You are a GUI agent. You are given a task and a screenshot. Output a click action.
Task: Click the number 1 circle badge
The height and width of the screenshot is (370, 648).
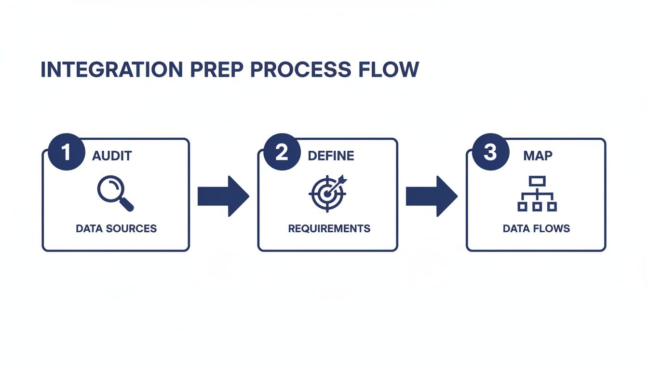(66, 152)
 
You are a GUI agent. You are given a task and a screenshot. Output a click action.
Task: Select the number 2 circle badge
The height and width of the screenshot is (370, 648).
(282, 152)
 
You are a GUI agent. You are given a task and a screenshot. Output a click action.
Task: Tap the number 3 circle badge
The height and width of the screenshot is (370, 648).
(489, 152)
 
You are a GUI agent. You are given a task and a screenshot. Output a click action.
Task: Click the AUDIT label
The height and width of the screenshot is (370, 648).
(112, 156)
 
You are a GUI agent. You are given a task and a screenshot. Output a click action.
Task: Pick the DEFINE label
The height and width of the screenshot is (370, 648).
(331, 156)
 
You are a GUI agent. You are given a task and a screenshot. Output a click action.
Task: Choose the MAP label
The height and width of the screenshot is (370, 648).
(538, 156)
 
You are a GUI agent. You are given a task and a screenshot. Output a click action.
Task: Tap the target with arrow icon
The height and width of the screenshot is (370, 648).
(328, 193)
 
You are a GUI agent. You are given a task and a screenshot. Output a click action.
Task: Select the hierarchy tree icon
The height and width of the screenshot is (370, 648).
(537, 194)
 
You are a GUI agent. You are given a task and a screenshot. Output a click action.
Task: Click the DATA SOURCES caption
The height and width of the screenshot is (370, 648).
(116, 228)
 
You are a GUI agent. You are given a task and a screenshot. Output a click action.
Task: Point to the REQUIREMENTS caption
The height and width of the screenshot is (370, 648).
(329, 228)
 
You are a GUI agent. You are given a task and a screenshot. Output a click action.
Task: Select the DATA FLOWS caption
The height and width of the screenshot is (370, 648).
(536, 228)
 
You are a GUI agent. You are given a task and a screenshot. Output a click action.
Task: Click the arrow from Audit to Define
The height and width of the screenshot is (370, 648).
(223, 196)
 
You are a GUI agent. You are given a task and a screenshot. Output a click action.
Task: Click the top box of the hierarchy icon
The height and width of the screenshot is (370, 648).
(537, 181)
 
